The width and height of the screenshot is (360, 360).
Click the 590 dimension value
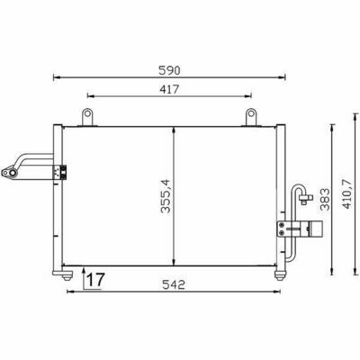169,70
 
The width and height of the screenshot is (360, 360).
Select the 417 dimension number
169,89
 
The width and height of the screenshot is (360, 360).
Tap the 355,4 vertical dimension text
166,196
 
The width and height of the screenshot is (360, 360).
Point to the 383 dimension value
325,200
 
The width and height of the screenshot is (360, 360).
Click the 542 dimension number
174,284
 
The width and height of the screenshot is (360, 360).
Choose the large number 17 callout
95,279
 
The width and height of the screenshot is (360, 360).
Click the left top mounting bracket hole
87,113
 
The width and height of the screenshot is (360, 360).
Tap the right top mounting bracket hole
251,113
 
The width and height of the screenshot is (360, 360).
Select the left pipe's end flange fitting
9,173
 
